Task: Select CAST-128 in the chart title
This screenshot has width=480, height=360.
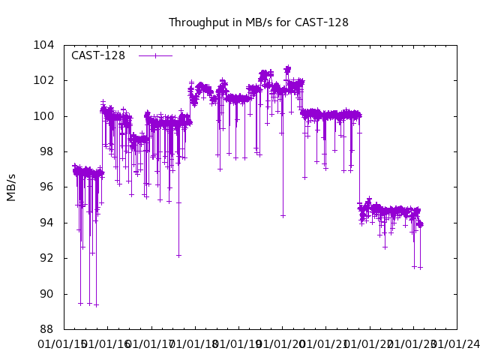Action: coord(321,22)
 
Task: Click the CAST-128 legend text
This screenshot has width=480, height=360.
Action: coord(98,55)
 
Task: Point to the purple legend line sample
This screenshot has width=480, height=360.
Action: coord(155,55)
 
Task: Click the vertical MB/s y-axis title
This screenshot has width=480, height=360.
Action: coord(11,187)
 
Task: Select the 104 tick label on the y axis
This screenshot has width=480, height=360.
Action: coord(43,45)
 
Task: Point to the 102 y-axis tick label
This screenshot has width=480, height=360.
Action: coord(43,80)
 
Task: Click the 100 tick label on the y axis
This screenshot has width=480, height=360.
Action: coord(43,116)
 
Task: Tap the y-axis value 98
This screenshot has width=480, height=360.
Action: coord(46,151)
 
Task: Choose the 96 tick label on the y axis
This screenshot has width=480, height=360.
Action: coord(46,187)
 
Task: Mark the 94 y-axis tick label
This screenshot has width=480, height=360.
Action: coord(46,223)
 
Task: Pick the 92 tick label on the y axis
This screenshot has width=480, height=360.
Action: coord(46,258)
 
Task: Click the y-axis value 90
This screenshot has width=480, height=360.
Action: coord(46,294)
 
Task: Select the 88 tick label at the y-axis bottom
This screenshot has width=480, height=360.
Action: coord(46,329)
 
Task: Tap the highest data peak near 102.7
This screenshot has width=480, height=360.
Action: coord(287,68)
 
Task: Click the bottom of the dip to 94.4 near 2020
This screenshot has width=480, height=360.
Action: coord(283,215)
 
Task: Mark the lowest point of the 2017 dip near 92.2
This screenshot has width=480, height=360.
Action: coord(178,255)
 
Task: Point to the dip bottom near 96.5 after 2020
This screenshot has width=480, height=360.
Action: coord(304,178)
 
